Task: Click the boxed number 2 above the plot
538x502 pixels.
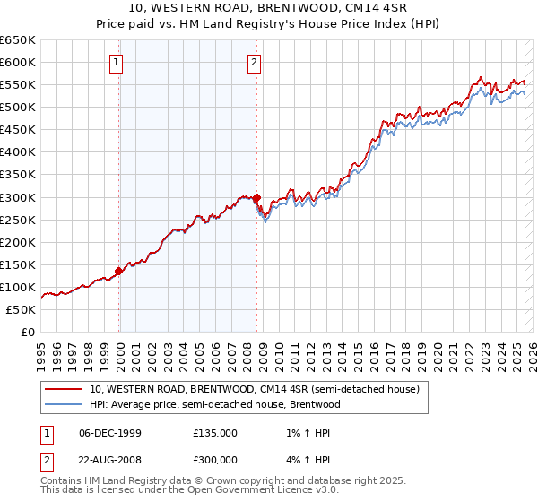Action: pos(255,63)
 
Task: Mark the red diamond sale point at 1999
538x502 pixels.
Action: pos(118,271)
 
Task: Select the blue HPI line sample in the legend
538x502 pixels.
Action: pos(64,404)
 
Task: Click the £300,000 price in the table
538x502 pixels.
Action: pos(215,459)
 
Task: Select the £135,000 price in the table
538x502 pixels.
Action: pos(215,433)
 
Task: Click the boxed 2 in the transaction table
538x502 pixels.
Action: pos(47,459)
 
